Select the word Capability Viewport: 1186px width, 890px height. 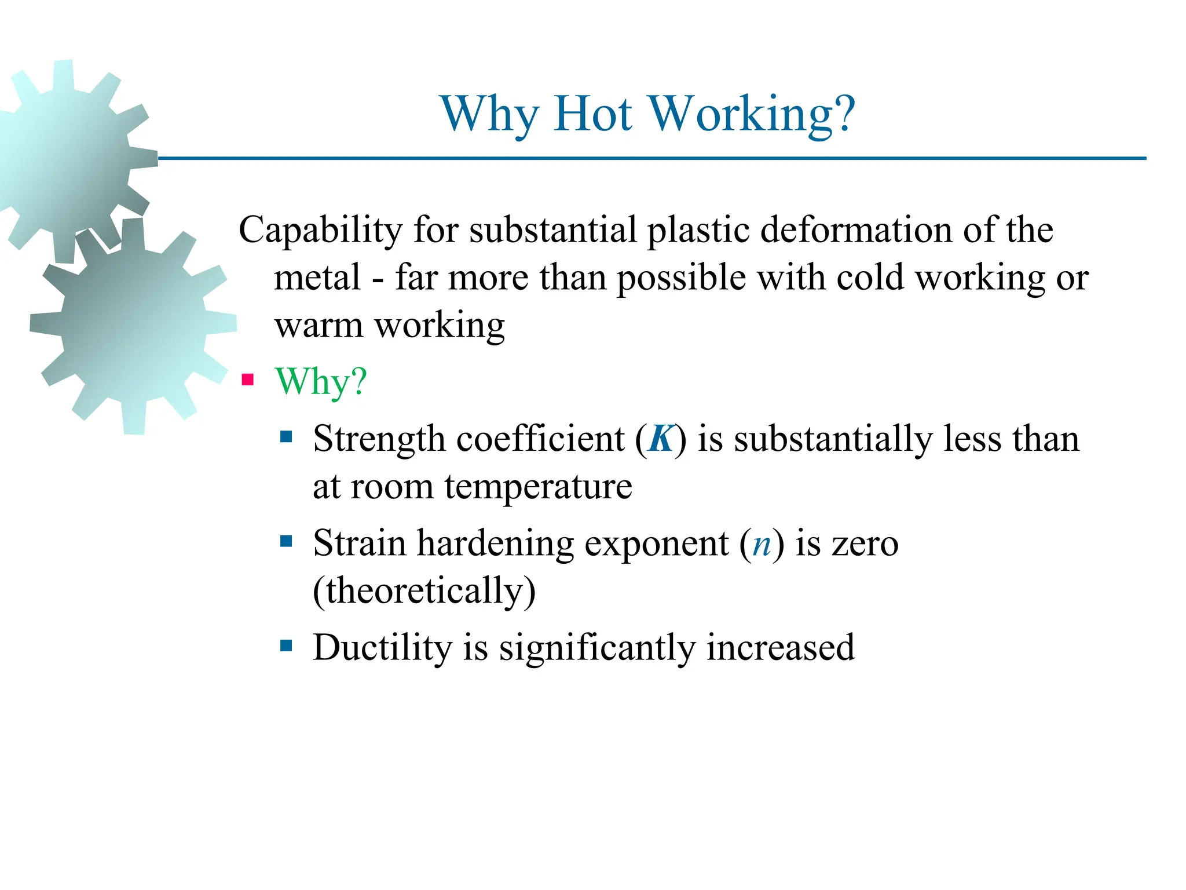point(320,231)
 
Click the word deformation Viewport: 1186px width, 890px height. point(856,229)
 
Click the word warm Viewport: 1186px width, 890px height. point(319,326)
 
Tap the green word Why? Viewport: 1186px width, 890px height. point(321,382)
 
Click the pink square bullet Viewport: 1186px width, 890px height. point(248,380)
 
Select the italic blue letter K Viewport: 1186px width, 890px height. point(661,439)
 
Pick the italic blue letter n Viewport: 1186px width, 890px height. point(762,545)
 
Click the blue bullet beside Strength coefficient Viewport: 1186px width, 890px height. point(286,436)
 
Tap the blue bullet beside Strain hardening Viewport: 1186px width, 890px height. point(286,542)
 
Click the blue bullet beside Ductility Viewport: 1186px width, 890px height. point(286,645)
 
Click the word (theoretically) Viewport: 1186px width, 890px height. point(424,592)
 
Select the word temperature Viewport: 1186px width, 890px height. point(538,487)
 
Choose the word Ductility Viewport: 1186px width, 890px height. point(382,647)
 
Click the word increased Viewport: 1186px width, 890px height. point(780,647)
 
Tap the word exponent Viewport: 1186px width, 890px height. point(656,545)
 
